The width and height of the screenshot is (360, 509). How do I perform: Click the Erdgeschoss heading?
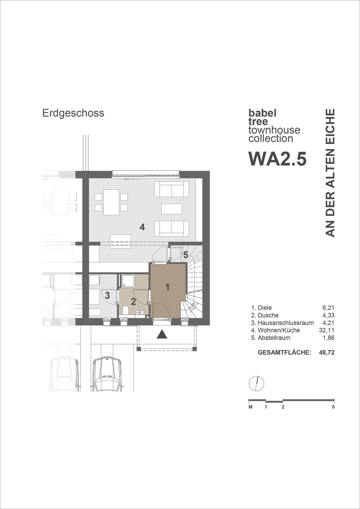73,113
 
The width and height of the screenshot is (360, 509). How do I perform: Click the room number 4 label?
142,227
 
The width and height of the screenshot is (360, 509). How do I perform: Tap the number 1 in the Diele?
167,287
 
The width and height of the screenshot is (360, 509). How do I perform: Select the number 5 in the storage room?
186,255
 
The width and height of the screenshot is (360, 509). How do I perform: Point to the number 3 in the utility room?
107,295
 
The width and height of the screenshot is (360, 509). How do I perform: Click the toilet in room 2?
126,310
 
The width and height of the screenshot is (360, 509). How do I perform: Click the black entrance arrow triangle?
162,334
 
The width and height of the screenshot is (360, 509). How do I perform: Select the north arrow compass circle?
256,383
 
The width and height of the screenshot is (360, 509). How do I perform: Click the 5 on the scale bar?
333,407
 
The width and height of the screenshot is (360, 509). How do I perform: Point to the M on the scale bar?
250,407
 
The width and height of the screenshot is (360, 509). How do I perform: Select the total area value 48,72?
327,352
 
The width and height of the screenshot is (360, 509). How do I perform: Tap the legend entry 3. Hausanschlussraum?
282,323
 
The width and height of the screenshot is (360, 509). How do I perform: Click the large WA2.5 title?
277,159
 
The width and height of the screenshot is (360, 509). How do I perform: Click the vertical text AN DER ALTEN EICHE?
330,173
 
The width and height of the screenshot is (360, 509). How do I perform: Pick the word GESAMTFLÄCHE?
284,352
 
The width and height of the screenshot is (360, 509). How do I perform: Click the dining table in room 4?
111,202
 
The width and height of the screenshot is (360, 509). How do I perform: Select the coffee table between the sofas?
172,209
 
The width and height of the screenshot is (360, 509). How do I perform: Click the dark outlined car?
107,375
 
